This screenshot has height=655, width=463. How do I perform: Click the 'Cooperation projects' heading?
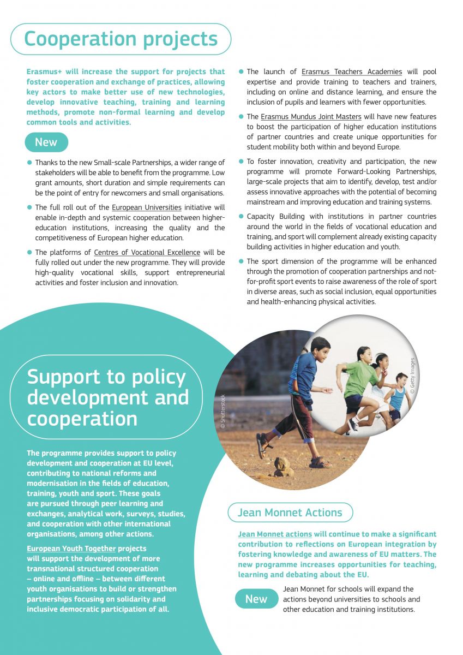pos(121,39)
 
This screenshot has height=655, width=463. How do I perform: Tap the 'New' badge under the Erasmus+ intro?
pos(46,142)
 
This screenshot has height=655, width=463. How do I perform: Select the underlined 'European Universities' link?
pos(147,207)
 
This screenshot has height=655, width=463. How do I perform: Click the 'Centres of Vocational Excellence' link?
pos(147,252)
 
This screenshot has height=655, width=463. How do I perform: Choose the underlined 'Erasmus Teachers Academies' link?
pos(352,72)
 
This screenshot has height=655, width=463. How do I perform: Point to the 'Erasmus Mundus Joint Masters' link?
pos(311,117)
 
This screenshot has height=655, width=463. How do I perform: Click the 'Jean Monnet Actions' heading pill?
pos(290,513)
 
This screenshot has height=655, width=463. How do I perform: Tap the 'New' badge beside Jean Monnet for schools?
pos(256,599)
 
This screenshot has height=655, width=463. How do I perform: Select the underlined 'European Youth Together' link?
pos(71,549)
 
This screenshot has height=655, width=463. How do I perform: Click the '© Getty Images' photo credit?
pos(413,376)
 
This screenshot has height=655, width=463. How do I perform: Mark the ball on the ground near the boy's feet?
pos(283,466)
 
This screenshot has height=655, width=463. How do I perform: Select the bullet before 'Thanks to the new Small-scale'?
pos(29,163)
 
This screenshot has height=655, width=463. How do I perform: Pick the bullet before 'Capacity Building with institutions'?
pos(241,217)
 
